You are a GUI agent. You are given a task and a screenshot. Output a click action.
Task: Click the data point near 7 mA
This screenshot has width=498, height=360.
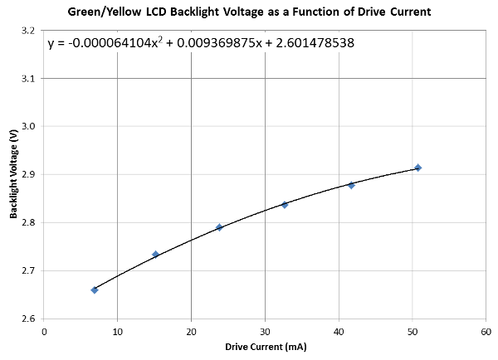click(95, 289)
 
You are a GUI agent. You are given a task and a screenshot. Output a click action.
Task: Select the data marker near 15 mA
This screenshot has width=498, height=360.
click(155, 255)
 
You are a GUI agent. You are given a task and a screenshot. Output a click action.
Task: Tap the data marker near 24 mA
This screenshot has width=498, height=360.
click(219, 227)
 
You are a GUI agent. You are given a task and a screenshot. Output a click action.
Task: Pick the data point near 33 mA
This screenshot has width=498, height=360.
click(285, 204)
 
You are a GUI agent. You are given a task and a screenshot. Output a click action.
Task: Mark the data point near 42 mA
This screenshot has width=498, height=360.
click(351, 185)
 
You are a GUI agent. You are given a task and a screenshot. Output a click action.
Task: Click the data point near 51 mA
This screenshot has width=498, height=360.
click(418, 168)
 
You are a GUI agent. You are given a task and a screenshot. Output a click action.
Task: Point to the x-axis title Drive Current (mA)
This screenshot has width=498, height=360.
click(265, 348)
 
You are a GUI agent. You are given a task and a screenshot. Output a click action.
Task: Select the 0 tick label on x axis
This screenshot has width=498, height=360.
click(44, 331)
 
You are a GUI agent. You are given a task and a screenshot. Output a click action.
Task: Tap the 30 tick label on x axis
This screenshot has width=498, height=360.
click(265, 331)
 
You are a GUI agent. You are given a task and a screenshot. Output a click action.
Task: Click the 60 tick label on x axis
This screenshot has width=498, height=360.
click(486, 331)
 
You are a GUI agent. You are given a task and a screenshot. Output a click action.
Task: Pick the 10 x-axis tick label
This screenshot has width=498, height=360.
click(117, 331)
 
